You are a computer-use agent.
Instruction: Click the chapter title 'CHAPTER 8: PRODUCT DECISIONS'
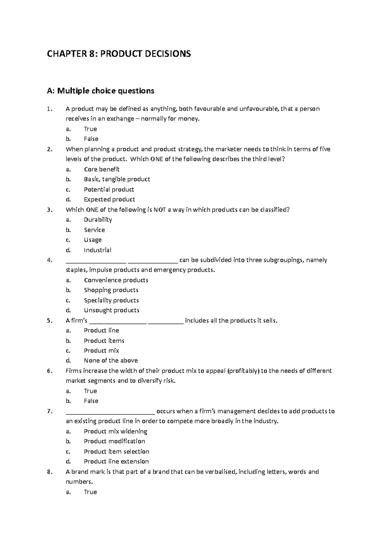[119, 54]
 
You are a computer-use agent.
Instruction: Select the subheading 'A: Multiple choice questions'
[101, 91]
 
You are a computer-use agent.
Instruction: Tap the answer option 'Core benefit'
[102, 169]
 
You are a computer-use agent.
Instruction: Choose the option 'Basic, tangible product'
[117, 179]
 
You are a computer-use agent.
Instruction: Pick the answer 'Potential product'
[109, 189]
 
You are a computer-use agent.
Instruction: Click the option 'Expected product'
[109, 199]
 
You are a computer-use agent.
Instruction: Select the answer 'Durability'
[98, 220]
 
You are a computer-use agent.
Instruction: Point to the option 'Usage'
[93, 240]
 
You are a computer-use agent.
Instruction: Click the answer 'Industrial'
[97, 250]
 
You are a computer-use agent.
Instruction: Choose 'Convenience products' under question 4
[116, 280]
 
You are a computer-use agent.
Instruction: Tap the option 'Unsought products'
[112, 310]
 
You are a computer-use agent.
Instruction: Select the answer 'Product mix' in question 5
[101, 350]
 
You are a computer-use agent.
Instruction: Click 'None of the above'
[111, 361]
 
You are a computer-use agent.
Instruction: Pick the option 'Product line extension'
[116, 461]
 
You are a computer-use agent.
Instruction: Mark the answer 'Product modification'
[114, 441]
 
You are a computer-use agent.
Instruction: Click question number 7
[49, 411]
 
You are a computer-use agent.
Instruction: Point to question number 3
[49, 210]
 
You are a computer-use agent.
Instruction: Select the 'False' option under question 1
[91, 139]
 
